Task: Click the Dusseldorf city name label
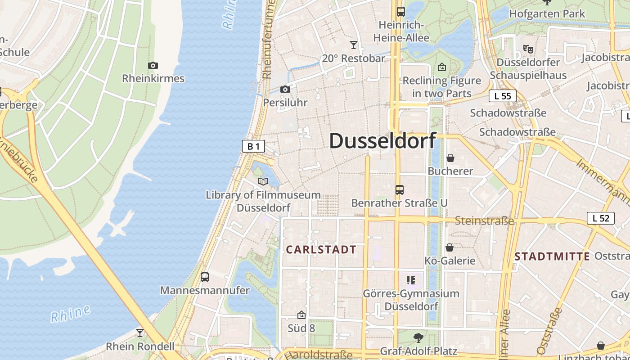tap(382, 141)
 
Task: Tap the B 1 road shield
tap(253, 146)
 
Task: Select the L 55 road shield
tap(502, 96)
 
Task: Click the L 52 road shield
tap(601, 218)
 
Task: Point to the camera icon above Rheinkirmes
tap(153, 66)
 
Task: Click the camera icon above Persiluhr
tap(285, 90)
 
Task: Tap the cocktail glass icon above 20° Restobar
tap(354, 45)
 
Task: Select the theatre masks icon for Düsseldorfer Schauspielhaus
tap(528, 49)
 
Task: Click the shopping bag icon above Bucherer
tap(450, 158)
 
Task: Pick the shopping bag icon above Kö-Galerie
tap(449, 247)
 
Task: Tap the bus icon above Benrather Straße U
tap(399, 190)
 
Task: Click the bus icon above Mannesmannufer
tap(205, 277)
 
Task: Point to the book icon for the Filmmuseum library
tap(263, 181)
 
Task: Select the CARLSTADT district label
tap(321, 250)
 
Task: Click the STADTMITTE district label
tap(552, 256)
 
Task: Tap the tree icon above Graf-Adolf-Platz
tap(418, 337)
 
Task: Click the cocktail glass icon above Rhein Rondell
tap(140, 333)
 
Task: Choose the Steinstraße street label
tap(484, 220)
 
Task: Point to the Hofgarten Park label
tap(547, 13)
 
